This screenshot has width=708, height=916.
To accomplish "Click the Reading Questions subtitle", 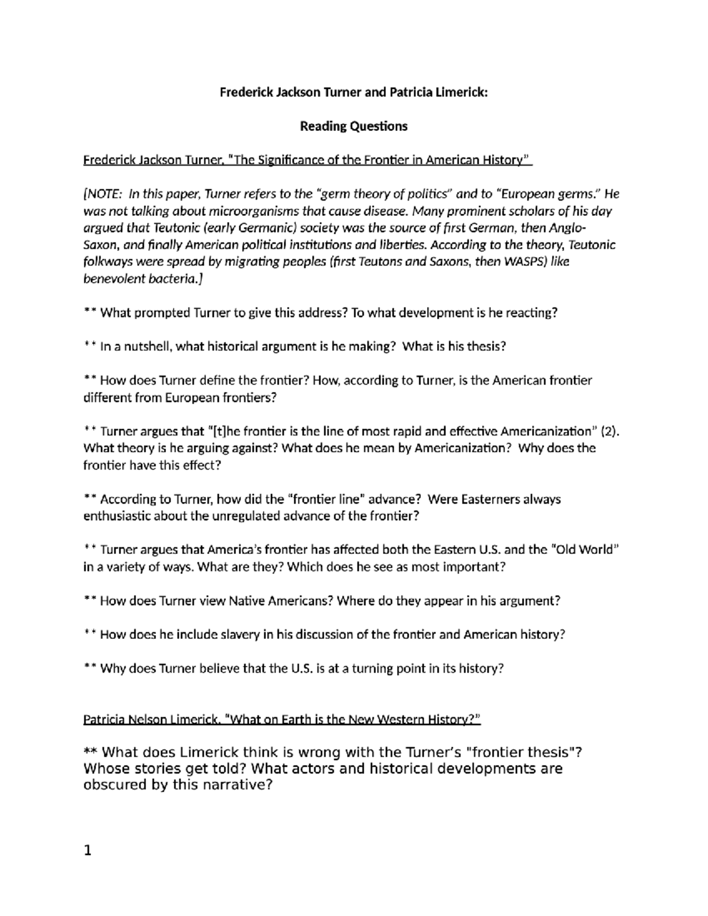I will [x=353, y=126].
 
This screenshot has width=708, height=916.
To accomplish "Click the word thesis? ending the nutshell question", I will [x=486, y=347].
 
